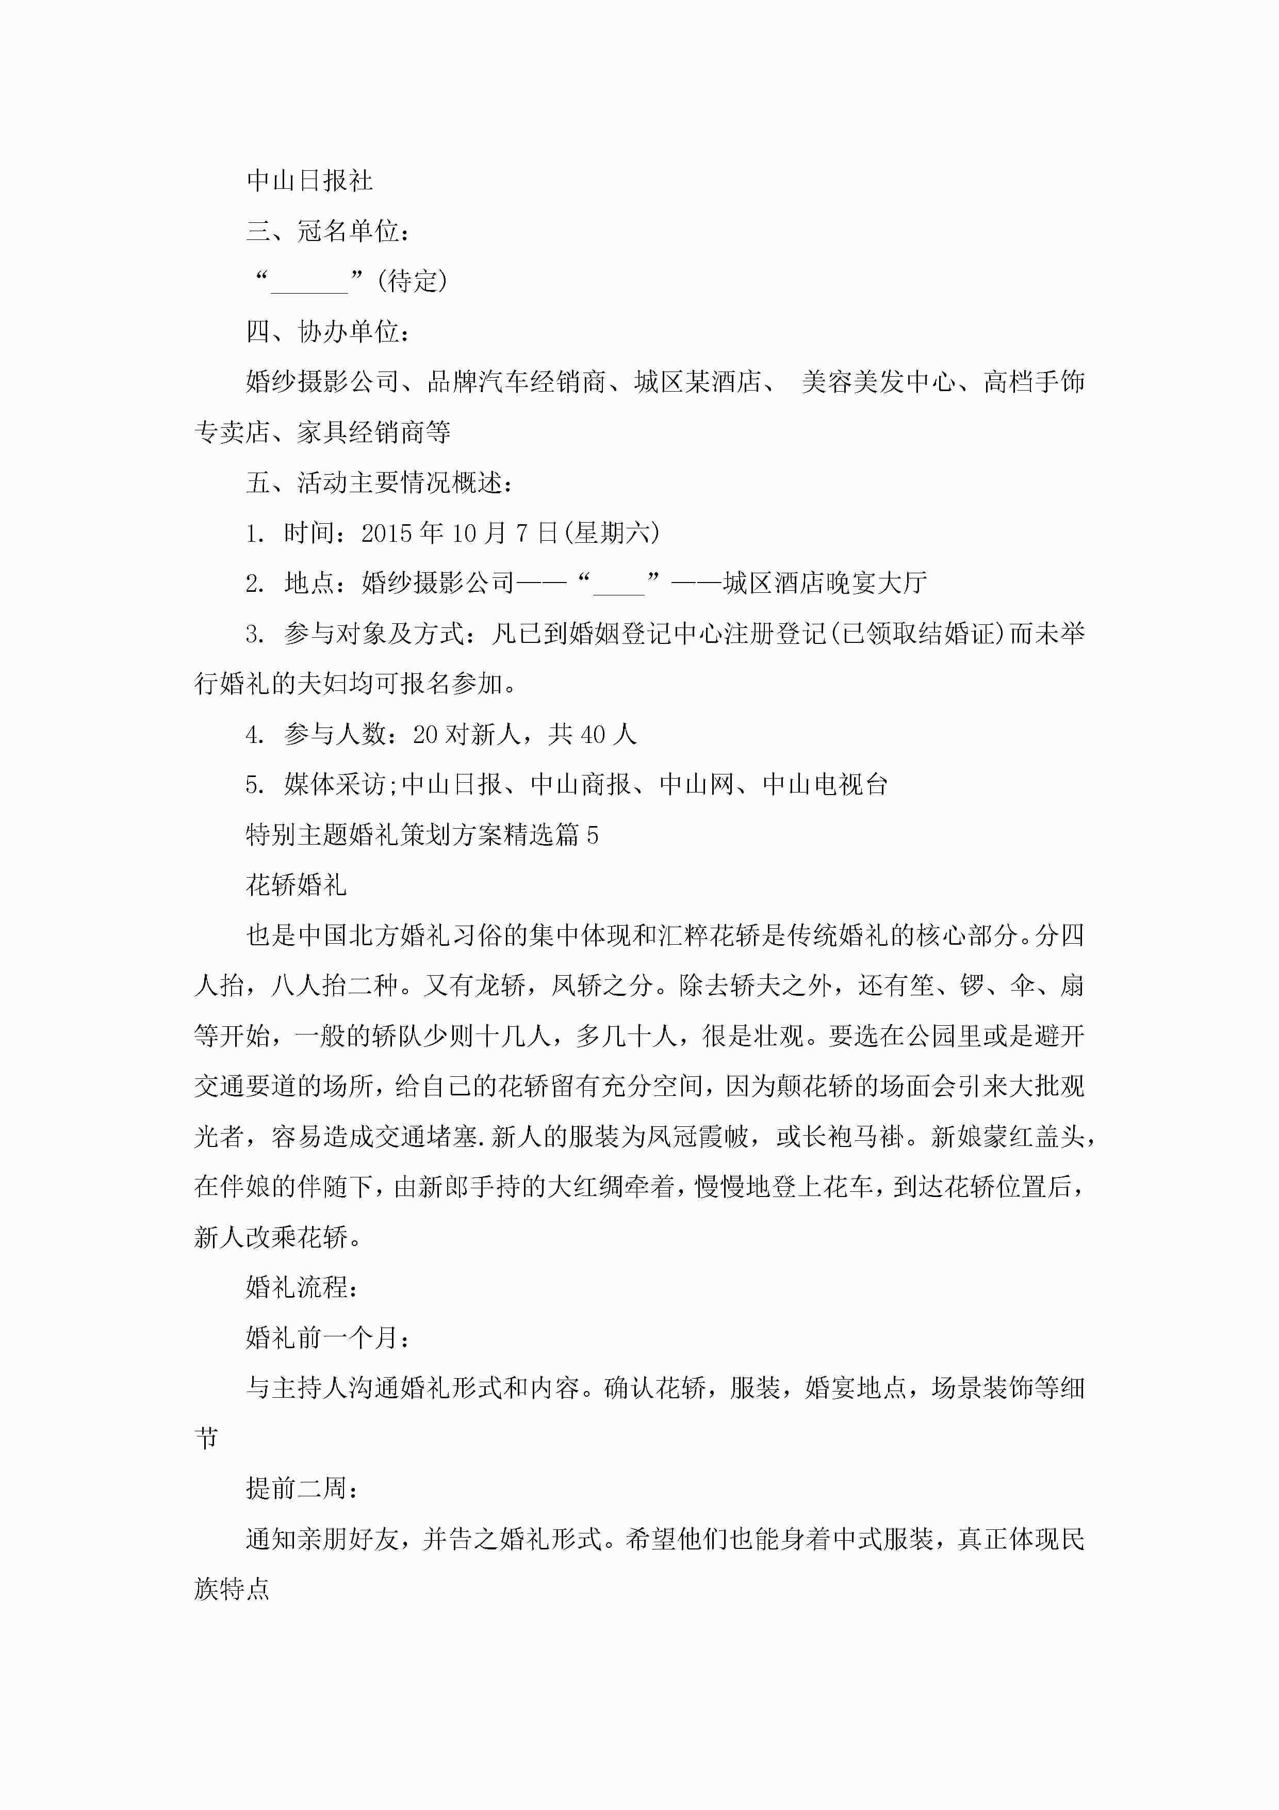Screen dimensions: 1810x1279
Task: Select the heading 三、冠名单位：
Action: [x=328, y=231]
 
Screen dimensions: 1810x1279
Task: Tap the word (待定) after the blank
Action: [x=412, y=281]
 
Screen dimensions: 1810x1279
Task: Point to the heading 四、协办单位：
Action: [x=328, y=331]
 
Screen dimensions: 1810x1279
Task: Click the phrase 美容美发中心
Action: [x=879, y=381]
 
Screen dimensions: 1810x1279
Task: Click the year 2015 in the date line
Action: [x=386, y=534]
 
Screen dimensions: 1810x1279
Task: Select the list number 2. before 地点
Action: [x=255, y=584]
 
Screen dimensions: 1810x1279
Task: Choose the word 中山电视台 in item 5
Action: [x=825, y=784]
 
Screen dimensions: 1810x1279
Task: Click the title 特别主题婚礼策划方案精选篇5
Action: [x=421, y=835]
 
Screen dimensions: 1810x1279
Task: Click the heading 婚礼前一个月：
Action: [x=328, y=1338]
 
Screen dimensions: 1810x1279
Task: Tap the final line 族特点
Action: [x=232, y=1589]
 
